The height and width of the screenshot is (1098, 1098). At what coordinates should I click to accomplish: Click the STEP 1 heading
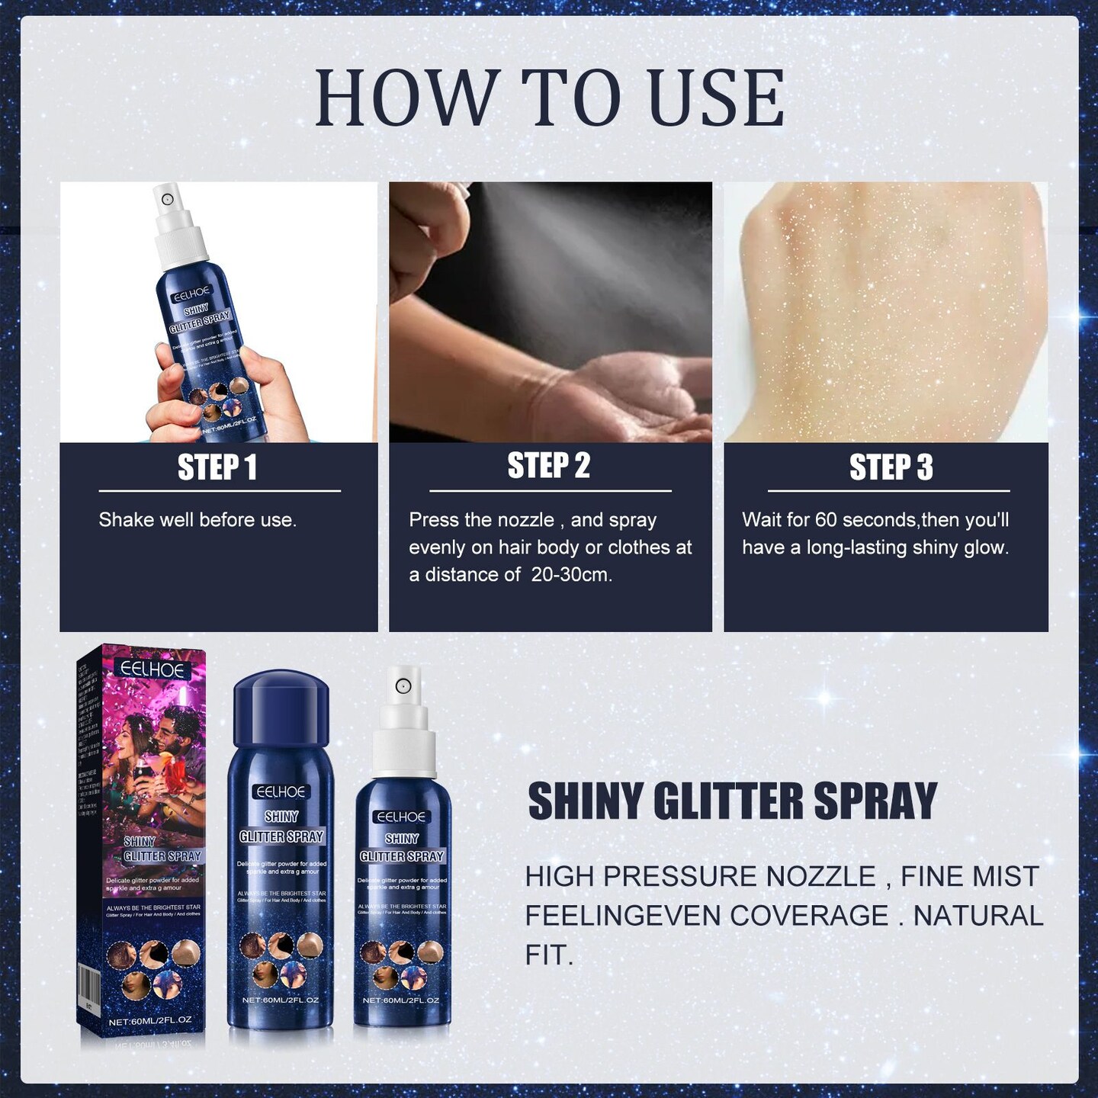[x=217, y=467]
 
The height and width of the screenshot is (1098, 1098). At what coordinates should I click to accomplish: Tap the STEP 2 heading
[x=549, y=466]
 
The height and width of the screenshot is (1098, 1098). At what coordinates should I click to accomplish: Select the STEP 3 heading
[x=891, y=467]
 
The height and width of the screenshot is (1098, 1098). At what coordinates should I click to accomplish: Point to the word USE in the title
[x=716, y=98]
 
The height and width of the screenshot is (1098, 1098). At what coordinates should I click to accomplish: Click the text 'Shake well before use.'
[x=197, y=520]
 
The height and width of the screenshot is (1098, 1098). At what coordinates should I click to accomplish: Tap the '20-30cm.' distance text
[x=572, y=575]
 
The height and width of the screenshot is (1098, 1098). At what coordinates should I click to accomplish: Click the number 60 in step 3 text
[x=826, y=520]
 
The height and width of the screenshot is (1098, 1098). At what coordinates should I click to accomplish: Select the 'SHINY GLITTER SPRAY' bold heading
[x=732, y=801]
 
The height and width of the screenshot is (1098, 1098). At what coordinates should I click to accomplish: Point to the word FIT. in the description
[x=549, y=955]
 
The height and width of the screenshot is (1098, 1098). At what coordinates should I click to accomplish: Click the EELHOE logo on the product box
[x=152, y=669]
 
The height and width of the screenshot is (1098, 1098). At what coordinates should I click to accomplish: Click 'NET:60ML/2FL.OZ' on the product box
[x=149, y=1021]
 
